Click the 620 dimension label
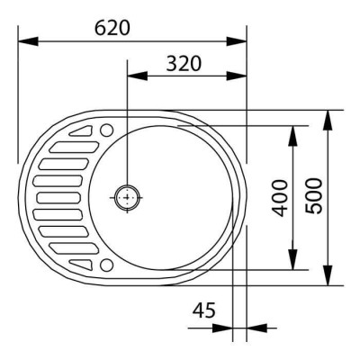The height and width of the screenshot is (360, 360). coord(112,28)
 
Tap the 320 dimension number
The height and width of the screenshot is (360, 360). coord(184,63)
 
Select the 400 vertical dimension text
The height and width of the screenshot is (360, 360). coord(280,198)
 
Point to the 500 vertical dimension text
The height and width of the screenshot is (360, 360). coord(314,196)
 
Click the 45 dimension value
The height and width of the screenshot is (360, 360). coord(204,310)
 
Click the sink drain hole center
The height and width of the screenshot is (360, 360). coord(127,197)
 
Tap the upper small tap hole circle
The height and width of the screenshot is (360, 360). coord(106,130)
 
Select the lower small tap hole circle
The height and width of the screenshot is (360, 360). coord(106,265)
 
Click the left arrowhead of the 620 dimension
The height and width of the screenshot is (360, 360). coord(28,41)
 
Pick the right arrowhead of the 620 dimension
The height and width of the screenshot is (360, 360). coord(237,41)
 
